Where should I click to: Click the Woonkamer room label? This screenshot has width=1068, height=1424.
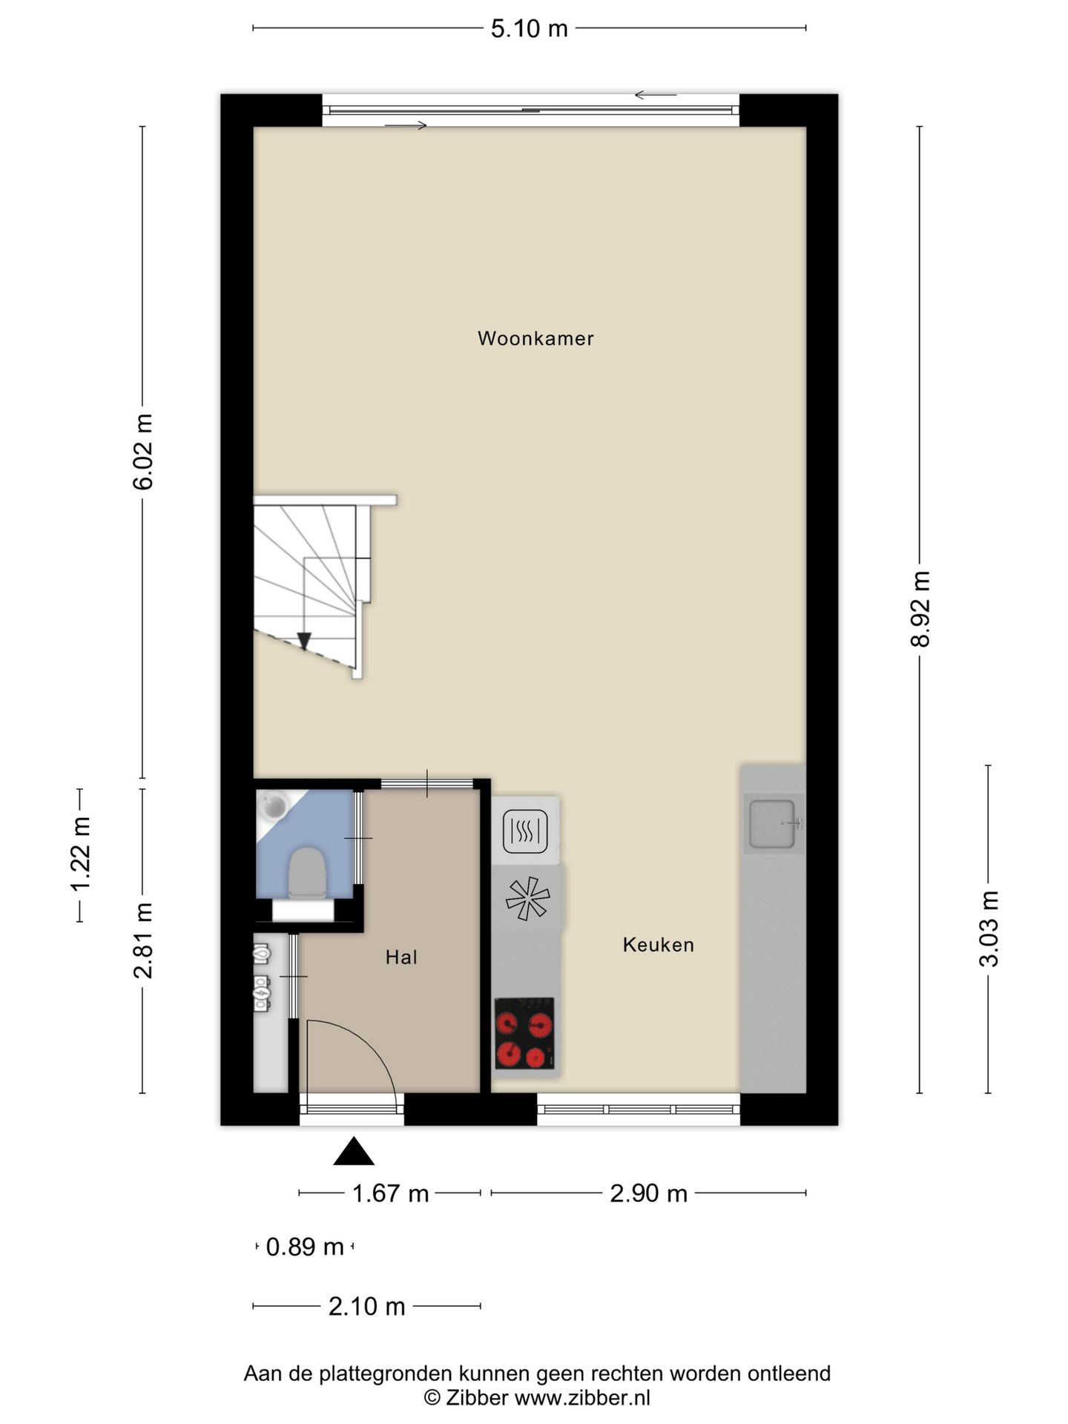click(x=535, y=339)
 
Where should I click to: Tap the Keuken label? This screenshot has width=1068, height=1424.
click(x=659, y=945)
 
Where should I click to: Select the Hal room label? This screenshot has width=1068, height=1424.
click(x=401, y=957)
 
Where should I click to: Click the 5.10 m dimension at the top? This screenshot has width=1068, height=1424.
click(x=530, y=29)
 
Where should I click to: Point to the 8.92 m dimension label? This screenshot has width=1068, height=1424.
click(x=920, y=609)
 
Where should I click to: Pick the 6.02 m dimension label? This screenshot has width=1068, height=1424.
click(x=142, y=452)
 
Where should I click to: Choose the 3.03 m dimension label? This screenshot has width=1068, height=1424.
click(x=989, y=929)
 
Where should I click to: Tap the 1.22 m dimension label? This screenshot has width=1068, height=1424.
click(x=79, y=854)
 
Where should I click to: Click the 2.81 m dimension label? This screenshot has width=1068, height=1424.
click(x=142, y=940)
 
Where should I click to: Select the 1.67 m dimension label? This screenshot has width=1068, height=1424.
click(x=390, y=1193)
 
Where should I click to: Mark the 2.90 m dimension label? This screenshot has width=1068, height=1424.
click(x=649, y=1193)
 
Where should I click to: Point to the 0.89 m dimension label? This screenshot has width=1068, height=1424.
click(x=305, y=1247)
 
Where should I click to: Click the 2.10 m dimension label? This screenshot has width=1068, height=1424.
click(x=367, y=1306)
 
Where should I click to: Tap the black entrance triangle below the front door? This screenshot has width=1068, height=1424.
click(x=354, y=1151)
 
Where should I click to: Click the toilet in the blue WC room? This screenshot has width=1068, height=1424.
click(x=307, y=875)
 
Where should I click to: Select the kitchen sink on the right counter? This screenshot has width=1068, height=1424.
click(x=773, y=823)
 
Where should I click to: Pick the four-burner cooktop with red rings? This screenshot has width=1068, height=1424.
click(x=525, y=1033)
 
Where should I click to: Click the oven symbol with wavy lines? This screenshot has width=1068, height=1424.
click(x=525, y=831)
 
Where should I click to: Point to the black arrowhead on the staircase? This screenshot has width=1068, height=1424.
click(x=303, y=641)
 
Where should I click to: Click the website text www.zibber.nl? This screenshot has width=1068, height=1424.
click(x=582, y=1398)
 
